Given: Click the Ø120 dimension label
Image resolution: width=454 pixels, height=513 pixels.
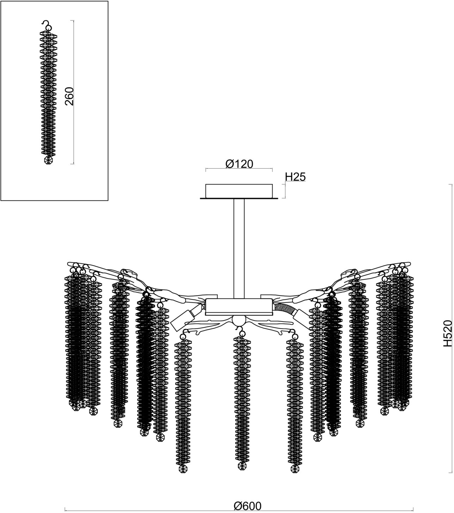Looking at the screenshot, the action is (x=239, y=164).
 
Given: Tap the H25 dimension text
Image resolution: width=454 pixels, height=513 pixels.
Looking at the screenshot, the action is (x=295, y=177).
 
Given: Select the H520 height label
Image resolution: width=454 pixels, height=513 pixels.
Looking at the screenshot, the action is (x=448, y=333).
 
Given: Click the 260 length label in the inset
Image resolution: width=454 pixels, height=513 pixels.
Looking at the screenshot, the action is (x=69, y=96).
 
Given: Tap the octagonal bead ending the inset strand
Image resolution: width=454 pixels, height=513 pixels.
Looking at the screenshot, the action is (x=48, y=160).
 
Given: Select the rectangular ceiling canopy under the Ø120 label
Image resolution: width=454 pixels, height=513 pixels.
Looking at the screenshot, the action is (x=239, y=191).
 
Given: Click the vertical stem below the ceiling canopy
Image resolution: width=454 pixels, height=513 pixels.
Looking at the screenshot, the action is (x=239, y=249).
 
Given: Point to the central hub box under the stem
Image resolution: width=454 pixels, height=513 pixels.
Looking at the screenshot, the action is (x=239, y=307).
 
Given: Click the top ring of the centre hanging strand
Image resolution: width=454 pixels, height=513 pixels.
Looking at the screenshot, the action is (x=242, y=333).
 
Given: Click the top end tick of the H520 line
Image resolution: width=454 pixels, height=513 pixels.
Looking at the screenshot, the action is (x=450, y=184).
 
